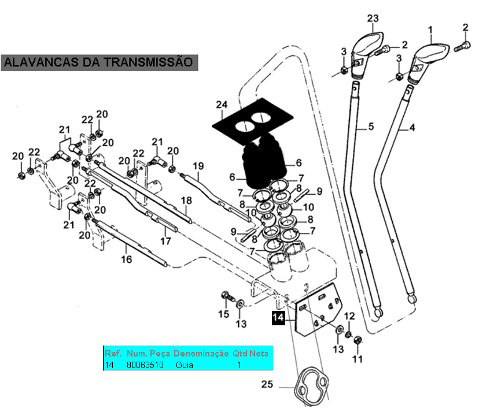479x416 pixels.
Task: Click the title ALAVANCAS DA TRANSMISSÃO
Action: [99, 62]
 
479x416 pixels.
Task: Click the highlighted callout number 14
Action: [278, 318]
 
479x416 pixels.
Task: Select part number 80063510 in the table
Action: [145, 365]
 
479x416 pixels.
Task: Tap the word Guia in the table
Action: [185, 365]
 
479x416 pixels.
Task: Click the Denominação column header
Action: [201, 353]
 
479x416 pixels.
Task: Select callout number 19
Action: [198, 166]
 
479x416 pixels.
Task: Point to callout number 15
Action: [223, 314]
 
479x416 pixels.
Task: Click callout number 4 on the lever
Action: [412, 128]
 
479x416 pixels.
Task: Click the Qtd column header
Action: [239, 353]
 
